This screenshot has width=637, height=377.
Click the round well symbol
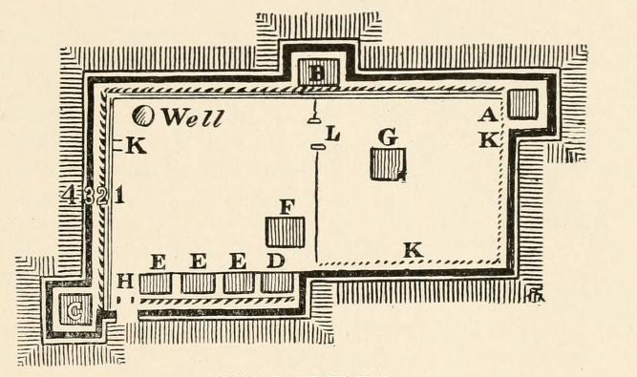click(143, 116)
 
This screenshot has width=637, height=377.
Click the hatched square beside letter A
click(521, 103)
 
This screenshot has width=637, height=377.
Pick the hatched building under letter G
click(390, 164)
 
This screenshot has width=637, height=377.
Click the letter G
click(388, 137)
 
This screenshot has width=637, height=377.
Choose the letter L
click(332, 136)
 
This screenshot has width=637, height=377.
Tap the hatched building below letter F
click(286, 232)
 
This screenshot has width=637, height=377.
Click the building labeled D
click(277, 283)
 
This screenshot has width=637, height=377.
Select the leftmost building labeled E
click(155, 283)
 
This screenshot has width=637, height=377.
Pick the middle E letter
click(198, 261)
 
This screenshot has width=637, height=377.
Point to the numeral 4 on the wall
click(70, 197)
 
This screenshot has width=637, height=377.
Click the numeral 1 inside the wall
click(118, 197)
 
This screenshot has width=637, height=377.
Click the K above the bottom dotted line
click(413, 250)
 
